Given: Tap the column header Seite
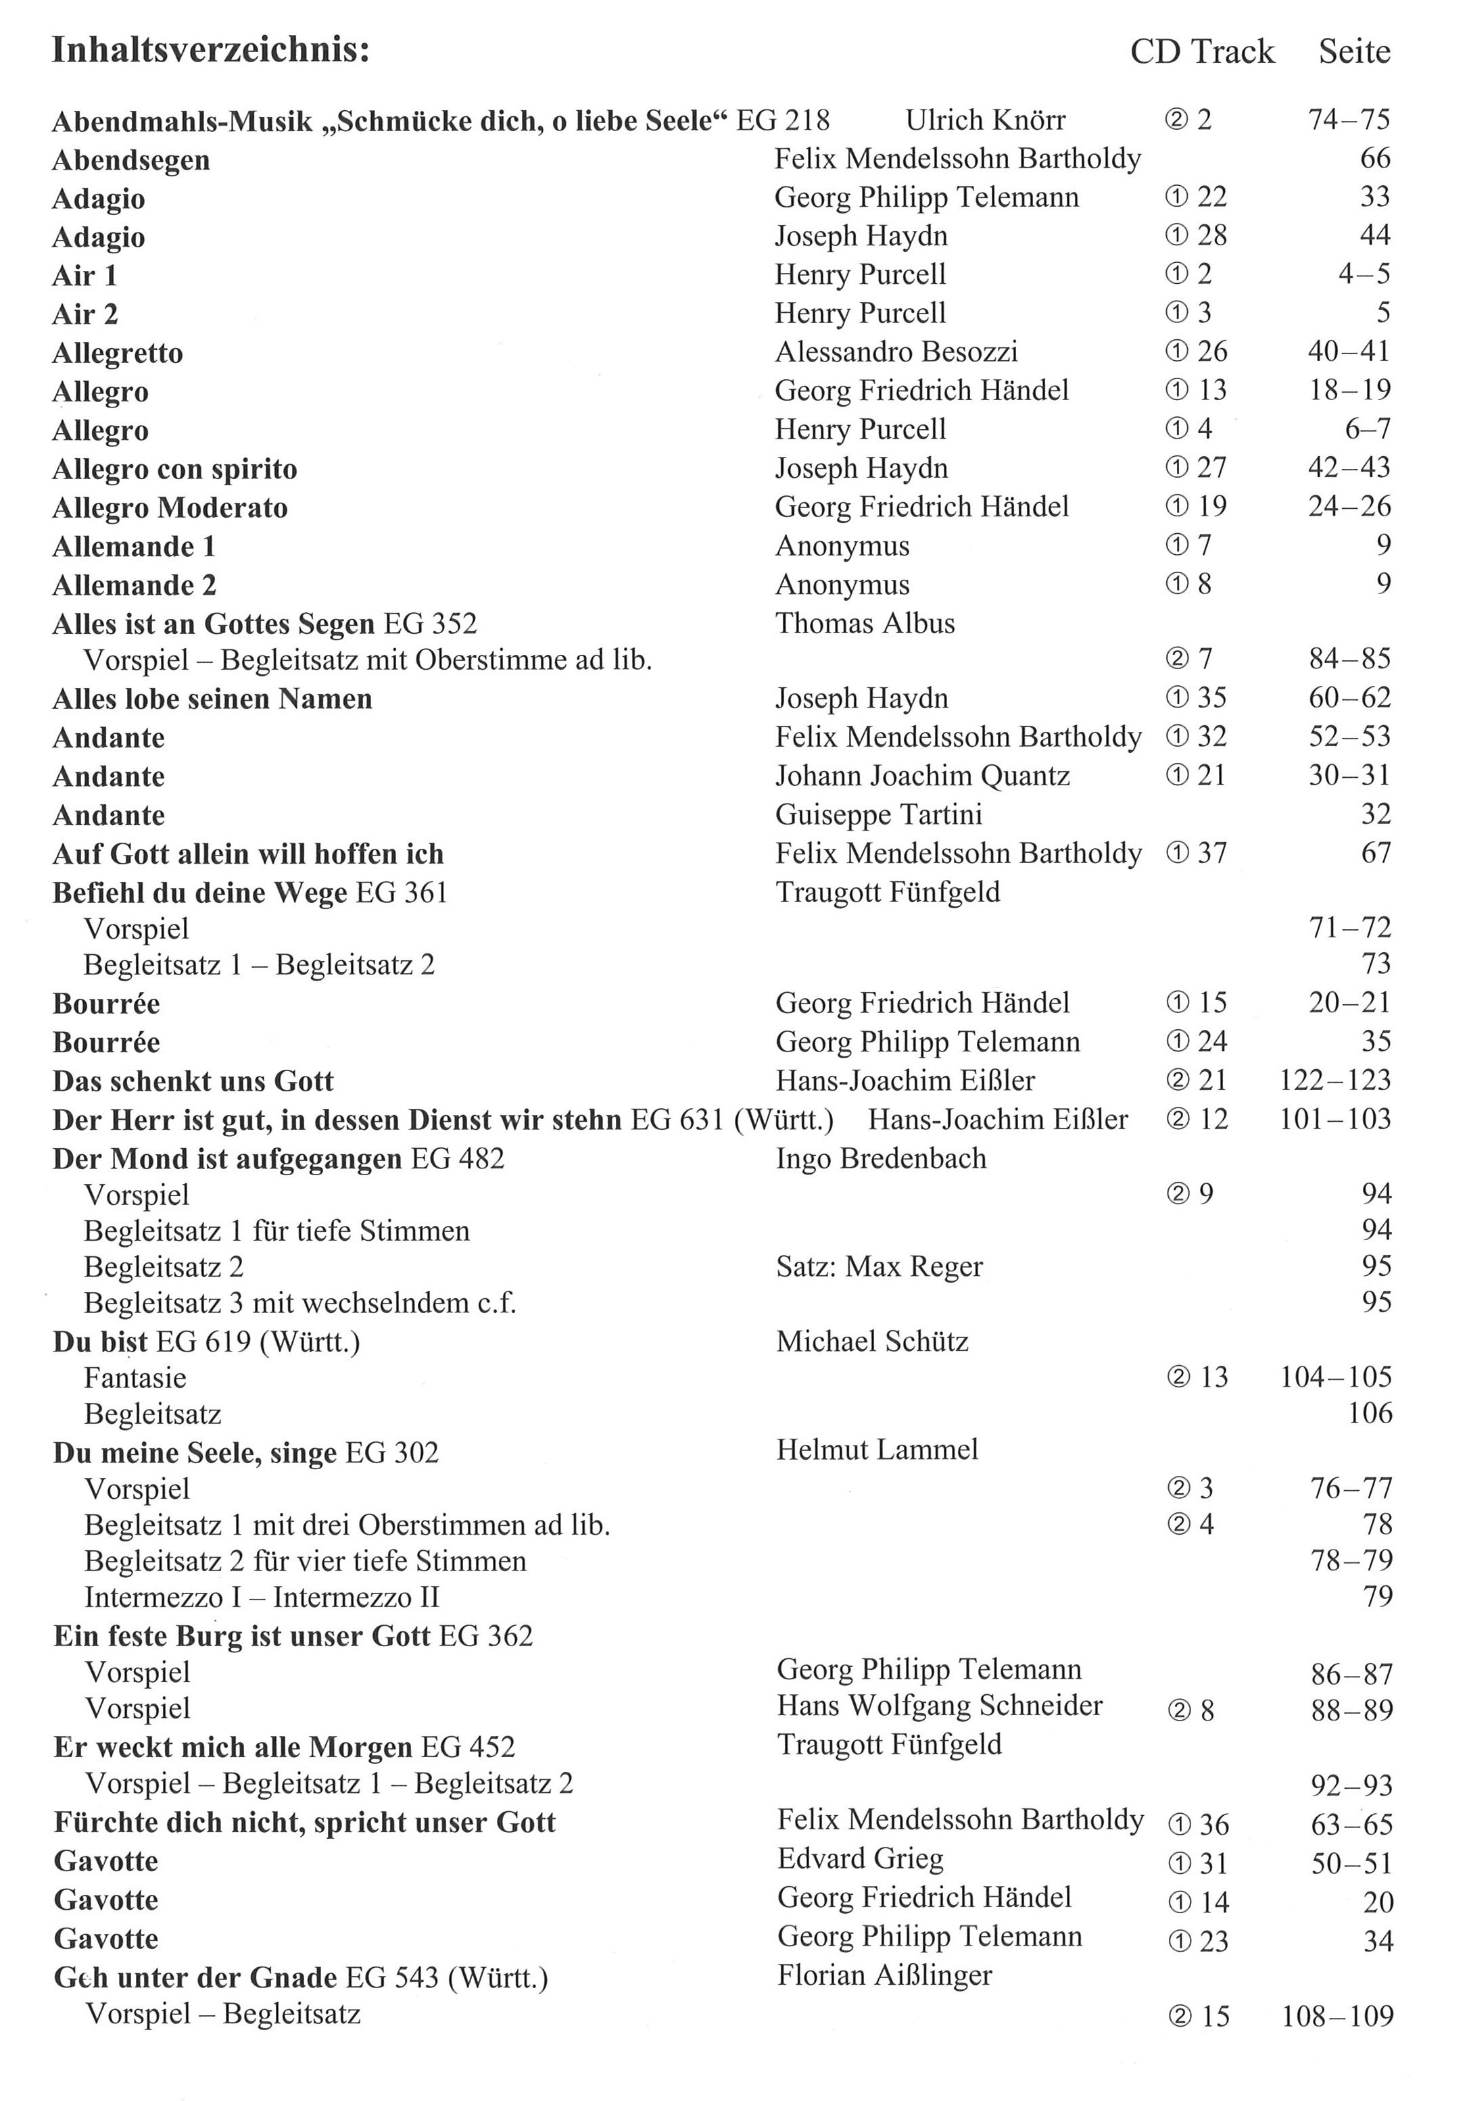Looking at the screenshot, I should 1353,51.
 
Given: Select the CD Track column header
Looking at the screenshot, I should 1201,51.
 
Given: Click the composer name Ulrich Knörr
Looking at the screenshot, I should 986,120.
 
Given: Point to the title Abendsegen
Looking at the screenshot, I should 131,160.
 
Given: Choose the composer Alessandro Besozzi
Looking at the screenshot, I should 896,351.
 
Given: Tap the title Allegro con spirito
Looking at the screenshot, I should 175,470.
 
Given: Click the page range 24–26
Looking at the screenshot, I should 1349,506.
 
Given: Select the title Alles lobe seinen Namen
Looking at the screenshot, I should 212,699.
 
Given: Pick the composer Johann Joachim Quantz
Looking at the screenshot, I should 923,776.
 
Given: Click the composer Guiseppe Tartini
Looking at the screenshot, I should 879,814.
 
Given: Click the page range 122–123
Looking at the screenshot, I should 1334,1080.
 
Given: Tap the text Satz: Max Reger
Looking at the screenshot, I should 879,1266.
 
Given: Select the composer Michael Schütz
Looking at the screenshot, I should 871,1341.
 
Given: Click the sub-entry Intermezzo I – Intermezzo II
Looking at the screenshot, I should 262,1597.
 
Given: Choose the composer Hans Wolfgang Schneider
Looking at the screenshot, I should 940,1706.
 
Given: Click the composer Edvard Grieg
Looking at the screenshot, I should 859,1858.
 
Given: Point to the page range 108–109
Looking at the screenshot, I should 1337,2015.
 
